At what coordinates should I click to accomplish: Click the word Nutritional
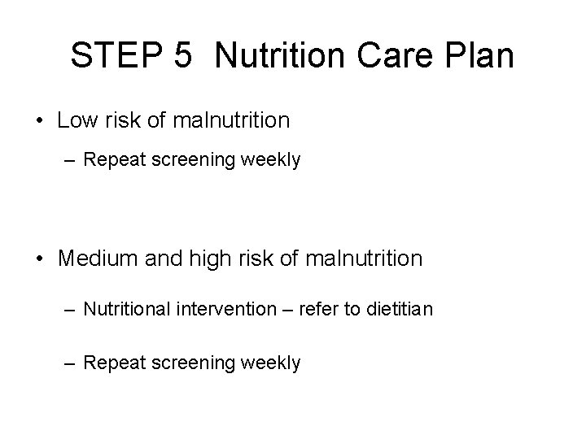tap(126, 310)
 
